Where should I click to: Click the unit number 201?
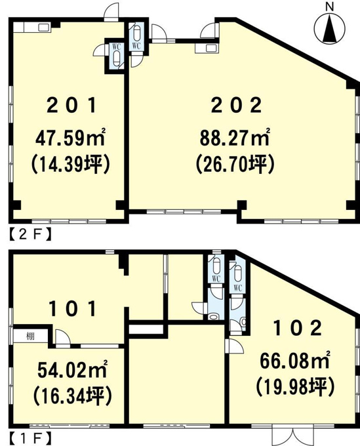pos(71,105)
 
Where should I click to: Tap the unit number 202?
pos(236,105)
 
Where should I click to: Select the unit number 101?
pos(73,309)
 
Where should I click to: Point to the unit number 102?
pos(298,328)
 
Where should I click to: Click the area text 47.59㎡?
pos(70,138)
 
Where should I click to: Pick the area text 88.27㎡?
pos(235,138)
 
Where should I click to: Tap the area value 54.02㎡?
pos(72,370)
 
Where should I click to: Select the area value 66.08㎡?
pos(295,361)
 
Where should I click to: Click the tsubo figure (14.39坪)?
pos(70,165)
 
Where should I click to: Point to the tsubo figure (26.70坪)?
pos(235,165)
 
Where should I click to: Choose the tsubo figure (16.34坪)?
pos(72,396)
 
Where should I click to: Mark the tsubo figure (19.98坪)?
pos(295,387)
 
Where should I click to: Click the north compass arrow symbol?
pos(330,28)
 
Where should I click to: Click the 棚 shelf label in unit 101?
pos(30,336)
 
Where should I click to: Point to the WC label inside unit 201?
pos(117,47)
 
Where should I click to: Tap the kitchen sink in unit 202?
pos(211,48)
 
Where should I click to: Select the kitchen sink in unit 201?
pos(43,28)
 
